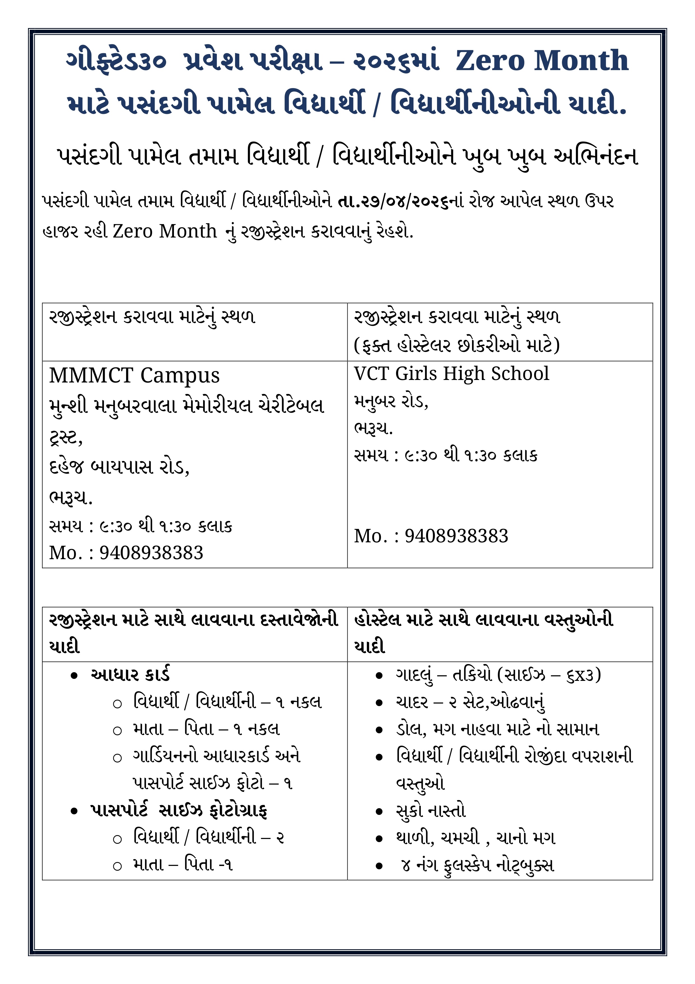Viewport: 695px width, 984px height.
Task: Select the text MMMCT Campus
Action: click(x=134, y=375)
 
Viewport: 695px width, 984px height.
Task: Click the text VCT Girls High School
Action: click(x=451, y=374)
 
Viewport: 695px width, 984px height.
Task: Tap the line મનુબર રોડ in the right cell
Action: click(x=390, y=402)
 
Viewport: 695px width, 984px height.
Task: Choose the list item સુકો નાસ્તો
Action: click(x=430, y=810)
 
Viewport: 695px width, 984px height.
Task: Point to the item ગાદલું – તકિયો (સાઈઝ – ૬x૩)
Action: click(x=498, y=675)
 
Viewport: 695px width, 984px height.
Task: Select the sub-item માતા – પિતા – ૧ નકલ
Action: click(x=206, y=729)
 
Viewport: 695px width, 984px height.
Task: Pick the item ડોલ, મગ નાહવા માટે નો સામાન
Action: click(x=497, y=729)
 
